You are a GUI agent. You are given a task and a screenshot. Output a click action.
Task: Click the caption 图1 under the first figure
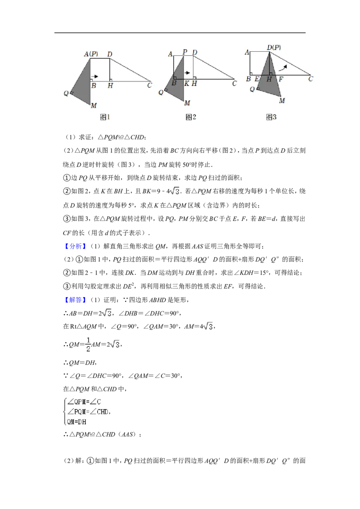pos(105,117)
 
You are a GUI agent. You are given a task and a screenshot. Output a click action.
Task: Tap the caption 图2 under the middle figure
pos(191,117)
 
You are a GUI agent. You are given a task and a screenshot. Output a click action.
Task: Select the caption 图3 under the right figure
pos(271,117)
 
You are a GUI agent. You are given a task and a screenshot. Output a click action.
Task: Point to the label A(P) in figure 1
pos(91,54)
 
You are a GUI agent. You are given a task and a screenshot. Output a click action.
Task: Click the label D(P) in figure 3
pos(274,47)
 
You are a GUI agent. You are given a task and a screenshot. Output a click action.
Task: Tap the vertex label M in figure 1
pos(94,106)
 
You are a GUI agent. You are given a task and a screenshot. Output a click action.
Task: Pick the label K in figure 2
pos(186,84)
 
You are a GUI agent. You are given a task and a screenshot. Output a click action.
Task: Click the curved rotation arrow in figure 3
pos(283,67)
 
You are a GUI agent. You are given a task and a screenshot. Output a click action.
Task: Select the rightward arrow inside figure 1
pos(94,76)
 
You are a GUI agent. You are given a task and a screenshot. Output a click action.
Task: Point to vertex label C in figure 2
pos(234,84)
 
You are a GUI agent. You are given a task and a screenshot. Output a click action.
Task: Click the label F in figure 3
pos(281,79)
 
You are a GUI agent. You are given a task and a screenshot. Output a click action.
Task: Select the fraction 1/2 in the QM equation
pos(88,344)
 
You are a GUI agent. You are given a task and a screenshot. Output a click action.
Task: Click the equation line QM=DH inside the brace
pos(76,422)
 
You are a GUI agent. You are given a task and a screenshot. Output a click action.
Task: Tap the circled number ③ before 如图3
pos(67,219)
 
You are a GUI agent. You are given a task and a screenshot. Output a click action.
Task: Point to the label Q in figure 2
pos(161,93)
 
